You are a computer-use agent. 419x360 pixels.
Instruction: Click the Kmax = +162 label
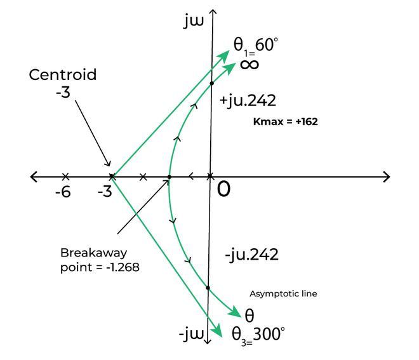click(286, 122)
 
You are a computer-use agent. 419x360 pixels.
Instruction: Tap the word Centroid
click(62, 74)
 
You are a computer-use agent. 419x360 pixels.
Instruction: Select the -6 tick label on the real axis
click(63, 192)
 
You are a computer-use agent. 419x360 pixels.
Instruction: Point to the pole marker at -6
click(65, 177)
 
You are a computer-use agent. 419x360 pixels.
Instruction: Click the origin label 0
click(223, 189)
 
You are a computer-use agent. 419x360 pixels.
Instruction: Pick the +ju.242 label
click(248, 101)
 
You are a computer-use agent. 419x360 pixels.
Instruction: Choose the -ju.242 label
click(252, 255)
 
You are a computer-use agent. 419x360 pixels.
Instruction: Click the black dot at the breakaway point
click(169, 177)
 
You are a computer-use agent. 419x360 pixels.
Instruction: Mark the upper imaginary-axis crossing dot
click(211, 83)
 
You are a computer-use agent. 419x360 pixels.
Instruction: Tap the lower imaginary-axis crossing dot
click(208, 288)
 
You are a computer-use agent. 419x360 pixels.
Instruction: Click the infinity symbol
click(249, 64)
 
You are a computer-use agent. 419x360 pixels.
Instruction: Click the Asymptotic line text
click(283, 294)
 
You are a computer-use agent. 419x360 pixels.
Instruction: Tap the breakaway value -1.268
click(123, 267)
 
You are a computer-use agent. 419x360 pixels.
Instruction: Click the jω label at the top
click(194, 21)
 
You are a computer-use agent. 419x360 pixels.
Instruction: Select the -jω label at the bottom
click(192, 335)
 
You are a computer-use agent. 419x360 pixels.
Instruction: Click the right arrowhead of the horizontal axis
click(387, 177)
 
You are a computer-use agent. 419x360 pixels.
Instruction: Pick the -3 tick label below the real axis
click(105, 192)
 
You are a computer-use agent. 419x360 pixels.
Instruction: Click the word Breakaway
click(94, 253)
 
